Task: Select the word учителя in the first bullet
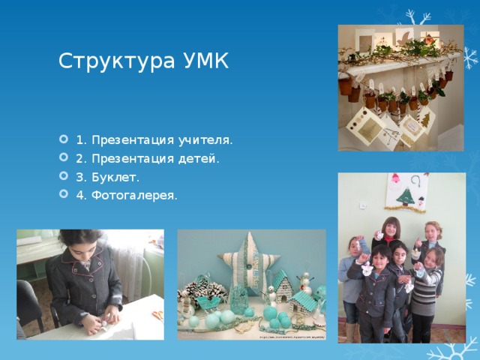click(205, 140)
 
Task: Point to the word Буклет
click(115, 178)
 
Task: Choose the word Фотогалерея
click(134, 196)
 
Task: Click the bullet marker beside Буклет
click(63, 175)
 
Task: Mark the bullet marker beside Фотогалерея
click(63, 193)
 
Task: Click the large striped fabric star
click(248, 264)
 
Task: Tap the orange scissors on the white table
click(158, 314)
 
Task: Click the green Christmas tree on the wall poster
click(406, 196)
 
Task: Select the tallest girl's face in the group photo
click(391, 227)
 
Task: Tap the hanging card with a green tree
click(425, 119)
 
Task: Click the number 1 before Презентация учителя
click(80, 140)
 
